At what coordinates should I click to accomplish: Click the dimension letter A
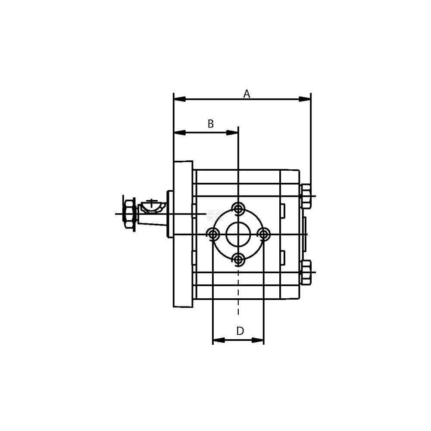coord(247,94)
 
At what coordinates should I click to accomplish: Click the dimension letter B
coord(211,124)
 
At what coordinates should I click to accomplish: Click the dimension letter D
coord(240,331)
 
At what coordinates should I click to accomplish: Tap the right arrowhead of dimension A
coord(305,99)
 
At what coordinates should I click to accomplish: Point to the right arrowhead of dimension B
coord(232,133)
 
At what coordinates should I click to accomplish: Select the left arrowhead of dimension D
coord(219,340)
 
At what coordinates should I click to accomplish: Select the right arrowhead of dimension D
coord(258,340)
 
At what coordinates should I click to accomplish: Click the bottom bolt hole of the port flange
coord(238,259)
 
